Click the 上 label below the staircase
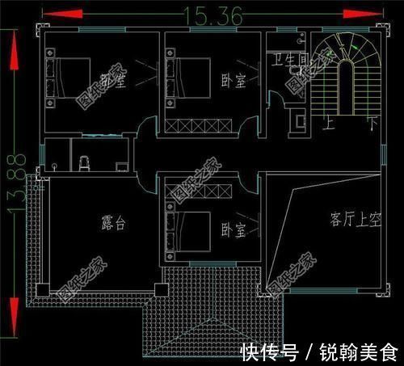[328, 124]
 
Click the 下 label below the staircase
[372, 124]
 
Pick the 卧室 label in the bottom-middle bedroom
[233, 230]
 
